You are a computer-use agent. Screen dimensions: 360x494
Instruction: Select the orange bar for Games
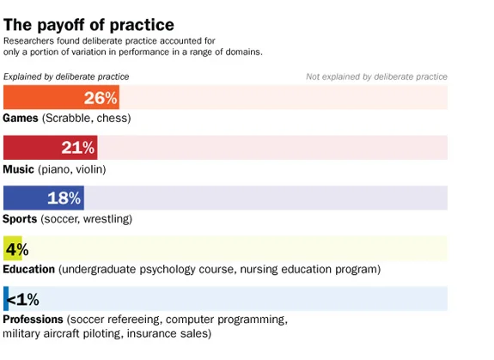click(x=43, y=97)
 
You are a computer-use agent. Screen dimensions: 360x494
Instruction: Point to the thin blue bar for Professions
click(x=5, y=299)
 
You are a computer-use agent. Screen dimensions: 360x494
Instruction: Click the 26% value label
click(x=101, y=98)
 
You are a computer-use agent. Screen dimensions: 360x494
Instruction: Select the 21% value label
click(x=78, y=148)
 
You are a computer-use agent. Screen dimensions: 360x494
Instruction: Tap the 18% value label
click(x=64, y=198)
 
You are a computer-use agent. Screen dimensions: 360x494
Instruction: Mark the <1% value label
click(x=24, y=299)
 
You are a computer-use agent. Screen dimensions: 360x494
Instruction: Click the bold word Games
click(x=21, y=118)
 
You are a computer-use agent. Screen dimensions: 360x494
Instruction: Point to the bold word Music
click(x=19, y=168)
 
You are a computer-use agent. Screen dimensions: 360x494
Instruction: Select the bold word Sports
click(x=20, y=219)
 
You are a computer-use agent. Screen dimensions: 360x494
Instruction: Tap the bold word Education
click(x=29, y=269)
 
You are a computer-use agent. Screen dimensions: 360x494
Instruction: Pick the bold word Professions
click(x=33, y=320)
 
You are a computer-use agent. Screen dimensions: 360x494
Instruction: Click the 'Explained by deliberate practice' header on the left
click(x=66, y=76)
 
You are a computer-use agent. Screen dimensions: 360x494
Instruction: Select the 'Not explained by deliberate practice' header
click(x=376, y=76)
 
